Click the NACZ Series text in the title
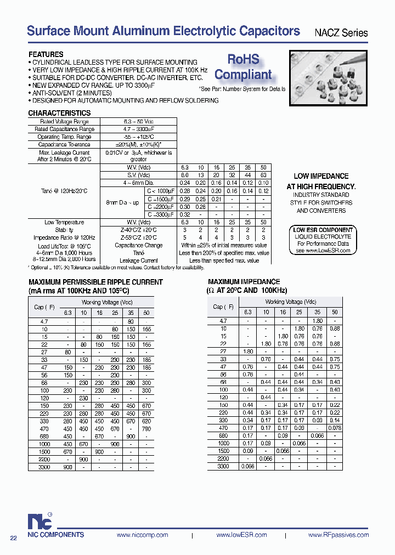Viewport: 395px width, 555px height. pos(341,33)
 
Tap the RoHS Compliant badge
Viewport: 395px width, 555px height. pos(243,67)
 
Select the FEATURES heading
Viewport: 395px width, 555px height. pos(46,54)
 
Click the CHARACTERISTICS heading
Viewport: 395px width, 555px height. pos(59,113)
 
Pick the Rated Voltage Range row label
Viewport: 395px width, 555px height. pos(64,121)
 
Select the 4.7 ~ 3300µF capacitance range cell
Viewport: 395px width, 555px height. pos(138,129)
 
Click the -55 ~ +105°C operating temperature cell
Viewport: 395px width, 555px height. pos(138,137)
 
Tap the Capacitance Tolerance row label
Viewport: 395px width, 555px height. pos(64,144)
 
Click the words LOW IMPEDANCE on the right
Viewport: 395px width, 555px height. pos(321,176)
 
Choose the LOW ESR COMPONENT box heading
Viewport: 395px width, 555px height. pos(323,230)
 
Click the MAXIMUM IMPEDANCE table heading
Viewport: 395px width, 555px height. pos(244,282)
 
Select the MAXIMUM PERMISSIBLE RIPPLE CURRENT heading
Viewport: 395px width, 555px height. pos(95,282)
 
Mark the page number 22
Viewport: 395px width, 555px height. pos(14,538)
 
